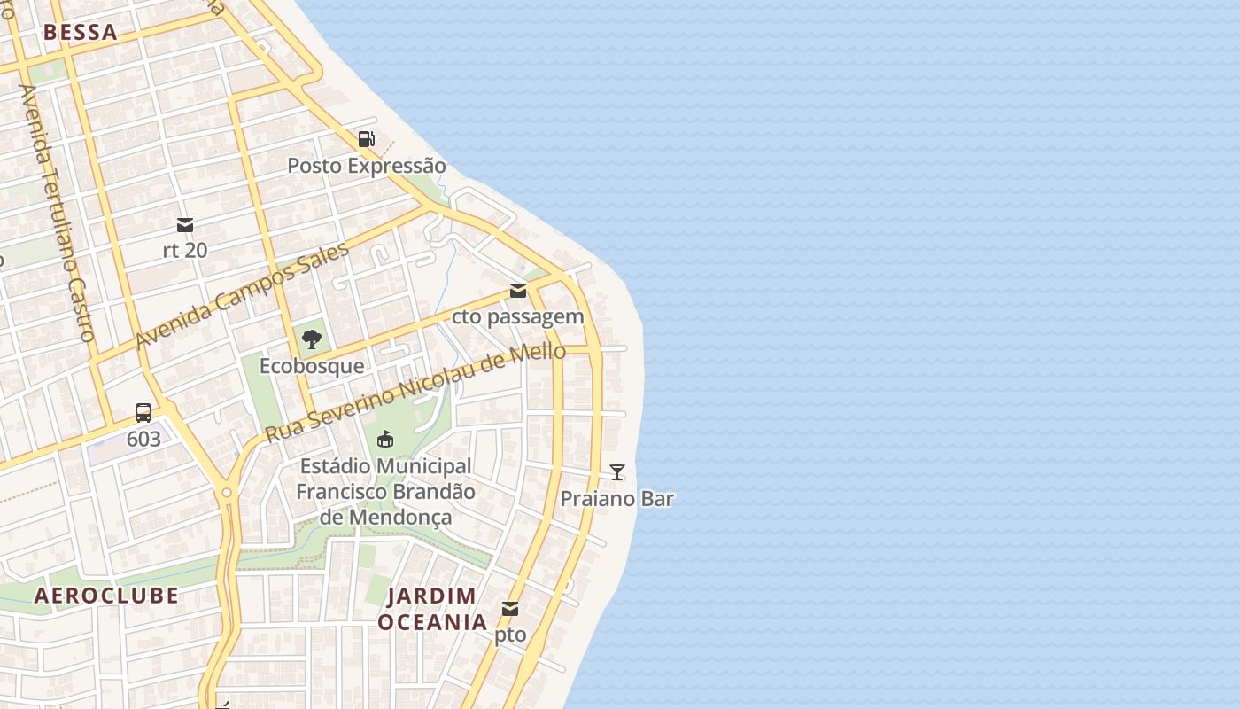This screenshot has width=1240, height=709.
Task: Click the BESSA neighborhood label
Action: pos(80,33)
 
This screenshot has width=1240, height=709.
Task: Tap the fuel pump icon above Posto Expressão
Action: pos(366,138)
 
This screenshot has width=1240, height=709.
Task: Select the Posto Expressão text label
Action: pos(367,166)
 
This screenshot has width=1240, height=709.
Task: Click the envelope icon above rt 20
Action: pos(185,225)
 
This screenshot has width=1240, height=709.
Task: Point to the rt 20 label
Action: pos(185,250)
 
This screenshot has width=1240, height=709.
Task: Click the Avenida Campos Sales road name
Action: pos(241,295)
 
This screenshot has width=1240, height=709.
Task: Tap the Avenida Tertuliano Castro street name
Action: pos(57,213)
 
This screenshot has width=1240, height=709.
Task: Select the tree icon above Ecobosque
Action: pos(311,339)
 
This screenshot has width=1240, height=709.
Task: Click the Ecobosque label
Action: pos(311,365)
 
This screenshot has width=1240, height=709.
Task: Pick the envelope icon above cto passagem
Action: pos(518,291)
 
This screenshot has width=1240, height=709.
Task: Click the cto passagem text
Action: pos(518,316)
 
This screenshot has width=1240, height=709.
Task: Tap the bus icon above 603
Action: pos(143,412)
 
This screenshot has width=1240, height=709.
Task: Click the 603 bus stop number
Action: pos(143,439)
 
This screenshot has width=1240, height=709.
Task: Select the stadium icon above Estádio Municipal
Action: pos(385,439)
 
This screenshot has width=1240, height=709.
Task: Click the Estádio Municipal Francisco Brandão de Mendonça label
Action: pos(385,491)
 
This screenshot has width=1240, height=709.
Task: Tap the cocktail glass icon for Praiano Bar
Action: pos(617,472)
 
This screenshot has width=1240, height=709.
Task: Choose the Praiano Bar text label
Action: pos(617,498)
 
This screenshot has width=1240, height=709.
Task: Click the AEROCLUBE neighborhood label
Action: pos(106,596)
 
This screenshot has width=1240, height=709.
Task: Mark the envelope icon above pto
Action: pos(510,609)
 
